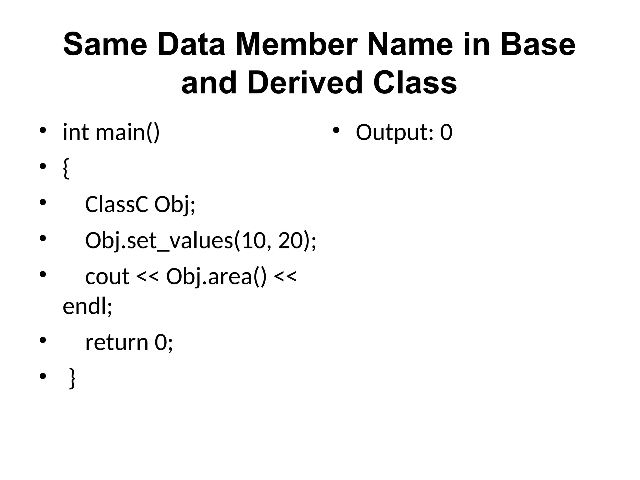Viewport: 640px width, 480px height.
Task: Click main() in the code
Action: [127, 133]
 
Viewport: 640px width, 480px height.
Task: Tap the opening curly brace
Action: [66, 169]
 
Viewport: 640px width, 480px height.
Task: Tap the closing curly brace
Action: [72, 378]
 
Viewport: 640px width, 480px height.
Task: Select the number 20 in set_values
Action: [287, 241]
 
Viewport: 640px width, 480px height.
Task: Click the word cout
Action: [107, 277]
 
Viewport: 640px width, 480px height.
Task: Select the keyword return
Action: [117, 343]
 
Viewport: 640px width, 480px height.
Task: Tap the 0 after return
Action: [161, 343]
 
